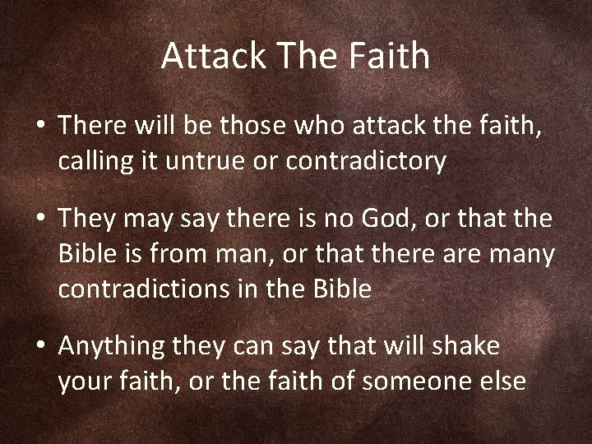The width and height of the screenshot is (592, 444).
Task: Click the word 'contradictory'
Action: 367,162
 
